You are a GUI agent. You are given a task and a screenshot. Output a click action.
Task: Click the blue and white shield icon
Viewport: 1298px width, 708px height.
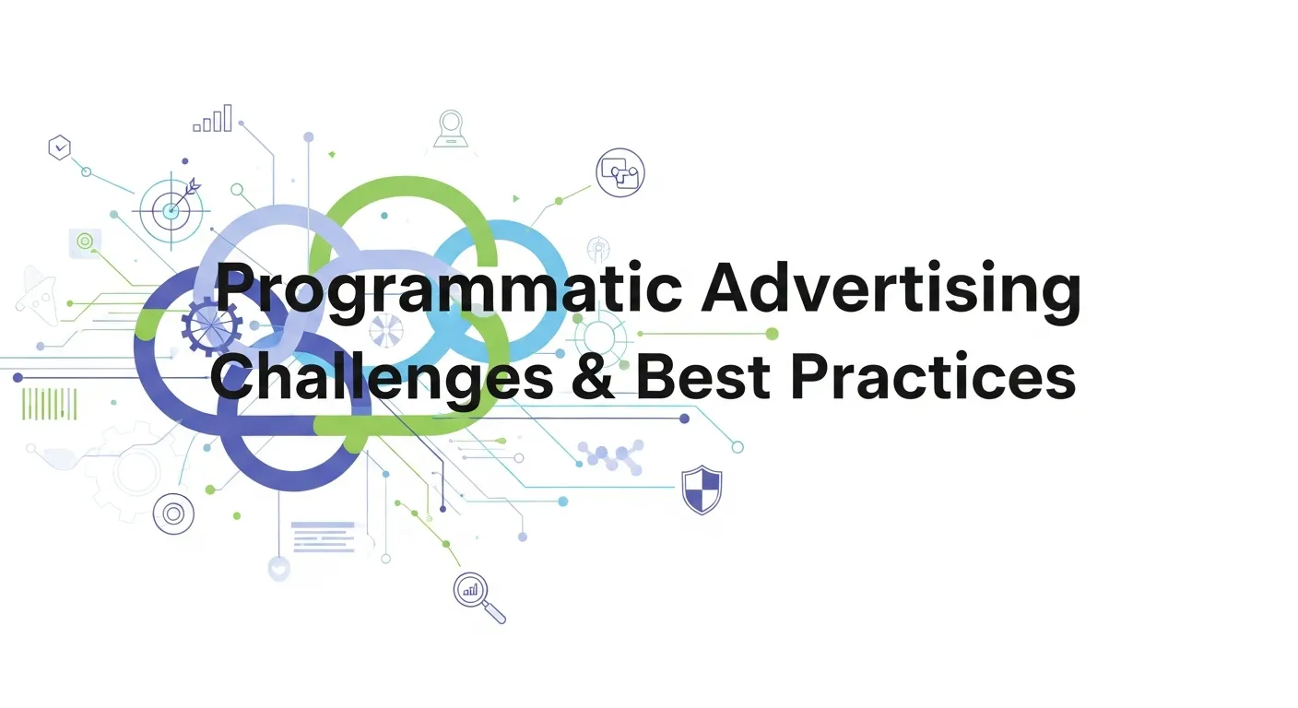(x=702, y=489)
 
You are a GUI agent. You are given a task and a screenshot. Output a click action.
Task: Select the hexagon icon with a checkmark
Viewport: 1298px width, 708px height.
(x=60, y=147)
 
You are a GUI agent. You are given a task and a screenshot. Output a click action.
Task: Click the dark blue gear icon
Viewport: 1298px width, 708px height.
(x=211, y=324)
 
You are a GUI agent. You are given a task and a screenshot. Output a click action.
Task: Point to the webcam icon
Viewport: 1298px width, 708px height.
(x=450, y=128)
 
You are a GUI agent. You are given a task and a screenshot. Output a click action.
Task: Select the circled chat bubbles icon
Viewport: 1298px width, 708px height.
(x=619, y=172)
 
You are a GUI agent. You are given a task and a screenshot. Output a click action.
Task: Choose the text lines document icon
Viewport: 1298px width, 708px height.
(x=323, y=537)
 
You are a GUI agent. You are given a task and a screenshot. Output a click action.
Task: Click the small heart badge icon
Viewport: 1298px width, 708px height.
(x=278, y=569)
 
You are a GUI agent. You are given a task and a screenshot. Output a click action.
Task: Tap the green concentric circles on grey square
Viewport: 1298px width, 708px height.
(x=85, y=242)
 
